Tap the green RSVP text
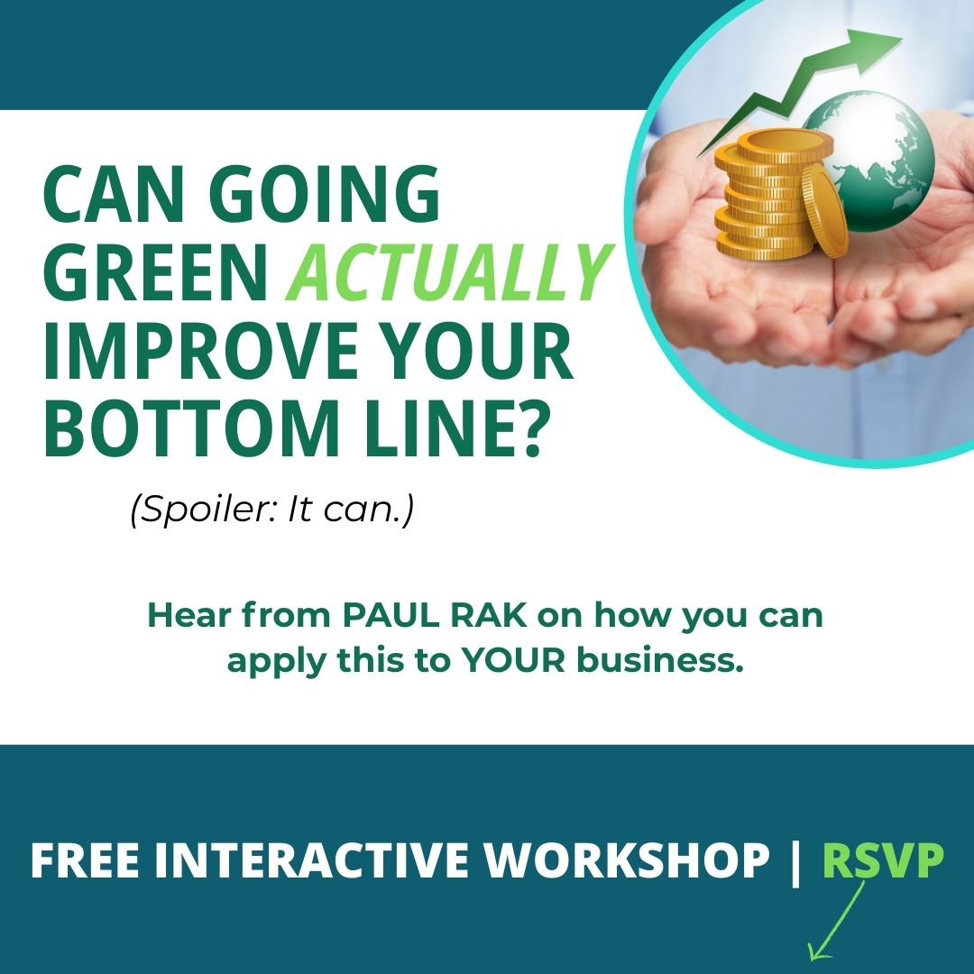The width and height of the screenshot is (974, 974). [x=883, y=860]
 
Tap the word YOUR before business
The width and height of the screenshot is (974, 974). [x=514, y=660]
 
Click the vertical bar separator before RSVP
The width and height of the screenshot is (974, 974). [x=795, y=860]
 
